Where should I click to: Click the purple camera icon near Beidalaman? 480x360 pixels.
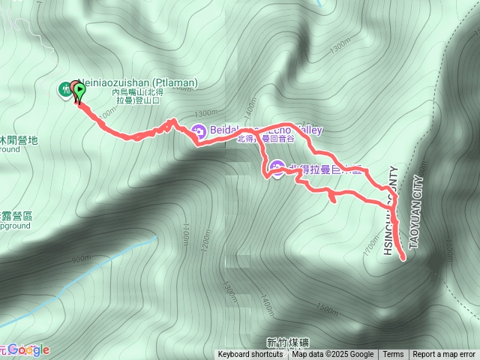(x=199, y=130)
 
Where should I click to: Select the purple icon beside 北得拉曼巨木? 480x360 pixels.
(x=277, y=168)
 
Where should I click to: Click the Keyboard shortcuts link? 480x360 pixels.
(x=250, y=355)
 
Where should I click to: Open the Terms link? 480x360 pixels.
(x=393, y=355)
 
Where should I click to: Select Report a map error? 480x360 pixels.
(x=444, y=355)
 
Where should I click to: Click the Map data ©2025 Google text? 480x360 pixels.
(x=332, y=355)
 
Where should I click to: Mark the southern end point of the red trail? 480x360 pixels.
(x=403, y=258)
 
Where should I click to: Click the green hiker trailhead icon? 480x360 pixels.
(x=65, y=89)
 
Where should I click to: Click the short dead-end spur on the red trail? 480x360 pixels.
(x=332, y=199)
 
